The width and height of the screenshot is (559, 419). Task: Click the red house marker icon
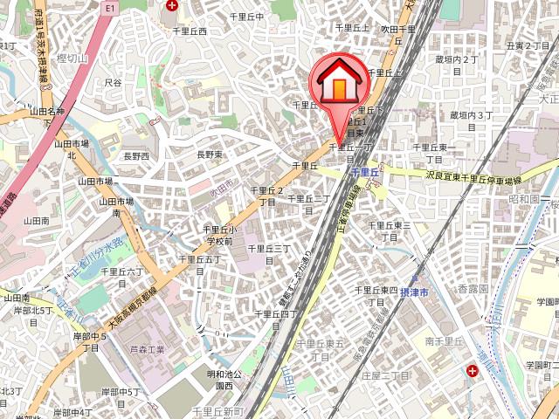pyautogui.click(x=335, y=85)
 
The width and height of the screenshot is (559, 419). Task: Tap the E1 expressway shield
pyautogui.click(x=109, y=6)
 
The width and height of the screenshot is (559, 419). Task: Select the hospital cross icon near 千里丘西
pyautogui.click(x=172, y=5)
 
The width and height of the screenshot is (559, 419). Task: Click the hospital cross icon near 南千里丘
pyautogui.click(x=473, y=371)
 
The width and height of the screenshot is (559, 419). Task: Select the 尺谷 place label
pyautogui.click(x=113, y=82)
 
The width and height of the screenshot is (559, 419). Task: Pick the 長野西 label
pyautogui.click(x=136, y=156)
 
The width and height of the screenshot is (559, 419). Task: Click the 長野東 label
pyautogui.click(x=210, y=155)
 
